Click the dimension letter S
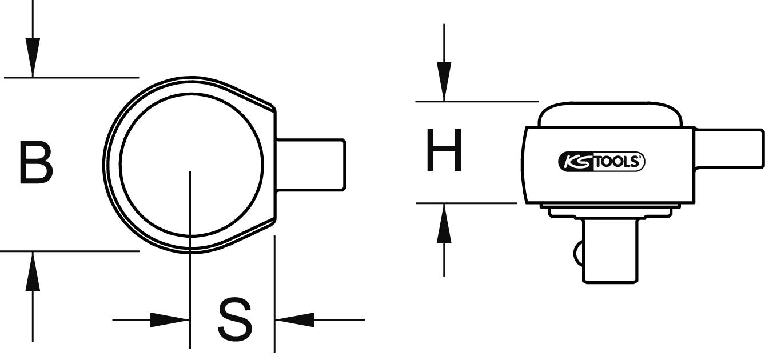tap(234, 319)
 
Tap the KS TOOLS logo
tap(601, 162)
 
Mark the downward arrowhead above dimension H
tap(444, 81)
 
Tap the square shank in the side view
tap(730, 149)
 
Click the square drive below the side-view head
tap(609, 251)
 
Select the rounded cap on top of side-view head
tap(609, 114)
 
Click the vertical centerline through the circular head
tap(190, 257)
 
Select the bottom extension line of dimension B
tap(69, 250)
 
